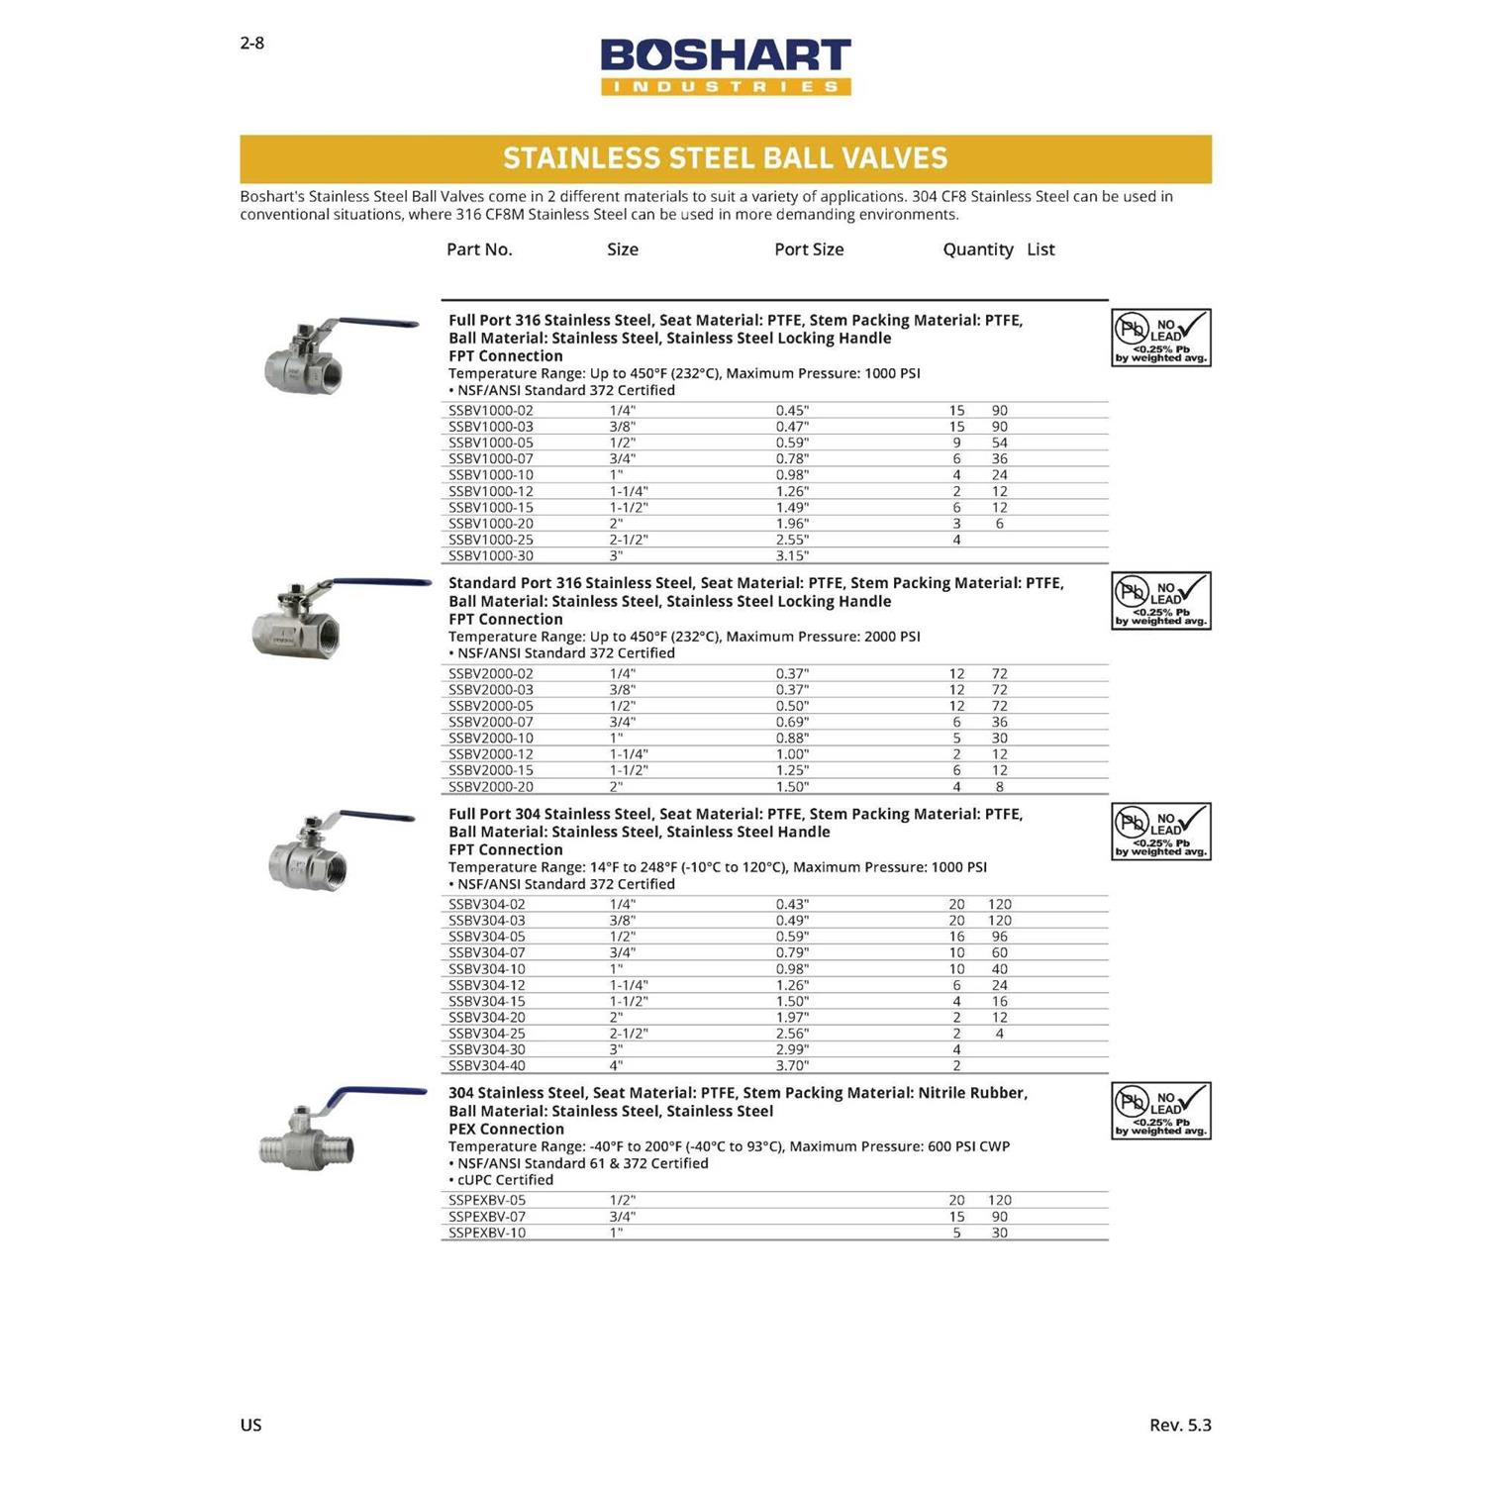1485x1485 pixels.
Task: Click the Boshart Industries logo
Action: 726,66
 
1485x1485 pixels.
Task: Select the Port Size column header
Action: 809,249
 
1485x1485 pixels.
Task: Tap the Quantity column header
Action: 977,249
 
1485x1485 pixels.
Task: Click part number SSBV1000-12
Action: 491,491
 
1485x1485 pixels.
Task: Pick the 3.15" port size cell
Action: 792,556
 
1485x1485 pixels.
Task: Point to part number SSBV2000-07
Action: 491,722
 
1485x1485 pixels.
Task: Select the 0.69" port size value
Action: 792,722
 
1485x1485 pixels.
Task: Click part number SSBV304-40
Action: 487,1066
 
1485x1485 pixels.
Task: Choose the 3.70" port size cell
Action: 792,1066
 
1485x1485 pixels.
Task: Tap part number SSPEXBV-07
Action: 487,1217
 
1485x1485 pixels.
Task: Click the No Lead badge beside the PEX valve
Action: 1161,1111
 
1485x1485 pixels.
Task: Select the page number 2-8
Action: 252,43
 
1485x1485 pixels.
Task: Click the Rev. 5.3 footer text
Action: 1180,1425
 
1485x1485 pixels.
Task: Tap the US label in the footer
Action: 250,1425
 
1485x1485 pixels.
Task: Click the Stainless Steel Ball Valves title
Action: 726,158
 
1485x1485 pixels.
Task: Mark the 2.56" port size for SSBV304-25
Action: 792,1034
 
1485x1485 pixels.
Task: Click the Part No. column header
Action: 479,249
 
